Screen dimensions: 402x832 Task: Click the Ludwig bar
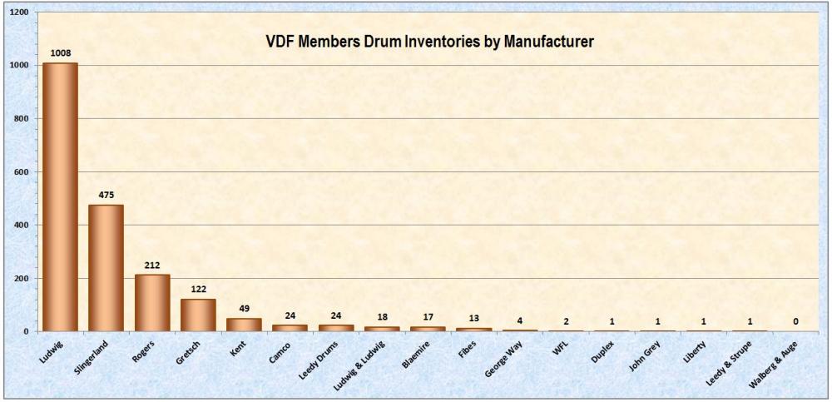(60, 196)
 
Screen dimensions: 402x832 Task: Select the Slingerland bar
(106, 267)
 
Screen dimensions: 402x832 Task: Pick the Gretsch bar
(198, 315)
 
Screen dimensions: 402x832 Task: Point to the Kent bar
(244, 325)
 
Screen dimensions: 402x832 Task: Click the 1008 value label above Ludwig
(60, 52)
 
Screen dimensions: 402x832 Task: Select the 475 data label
(106, 195)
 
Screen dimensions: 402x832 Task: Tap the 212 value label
(152, 265)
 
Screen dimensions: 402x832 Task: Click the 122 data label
(198, 289)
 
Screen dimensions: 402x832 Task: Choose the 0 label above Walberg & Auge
(795, 321)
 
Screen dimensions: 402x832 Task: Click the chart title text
(428, 41)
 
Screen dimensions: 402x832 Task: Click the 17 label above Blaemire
(428, 316)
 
